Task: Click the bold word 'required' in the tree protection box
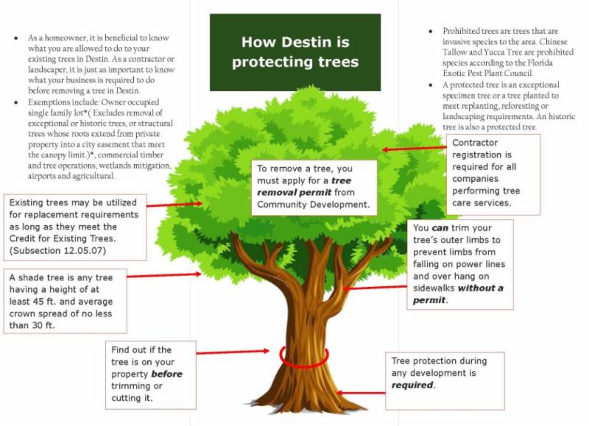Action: [412, 385]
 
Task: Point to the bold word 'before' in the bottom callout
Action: [166, 374]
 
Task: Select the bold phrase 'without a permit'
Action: [456, 294]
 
